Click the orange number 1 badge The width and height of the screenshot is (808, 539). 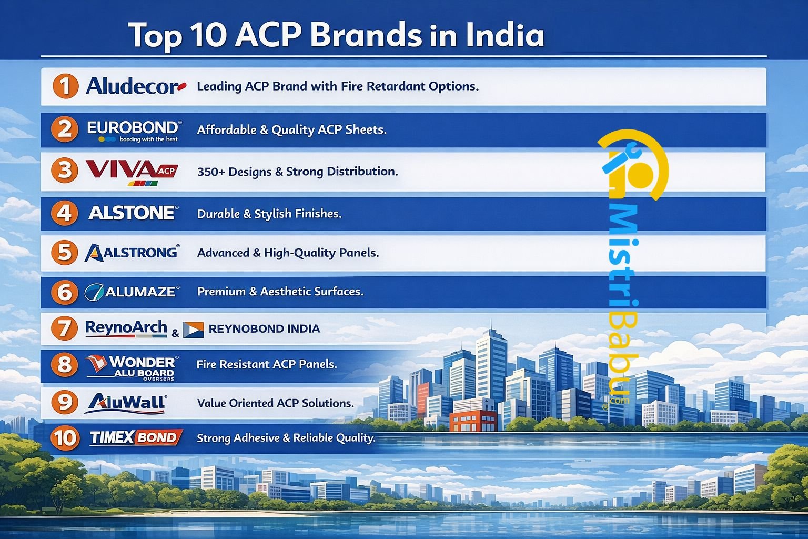65,86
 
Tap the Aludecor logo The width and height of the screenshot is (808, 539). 136,86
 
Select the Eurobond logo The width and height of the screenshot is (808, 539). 134,131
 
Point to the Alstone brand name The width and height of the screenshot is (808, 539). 133,213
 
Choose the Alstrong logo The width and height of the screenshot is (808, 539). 132,252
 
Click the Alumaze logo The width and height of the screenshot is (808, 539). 132,292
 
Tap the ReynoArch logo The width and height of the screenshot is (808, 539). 126,328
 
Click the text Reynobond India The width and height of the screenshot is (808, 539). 265,329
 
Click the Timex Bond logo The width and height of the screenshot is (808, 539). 136,437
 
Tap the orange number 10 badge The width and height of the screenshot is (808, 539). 65,438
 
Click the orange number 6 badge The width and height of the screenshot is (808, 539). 65,292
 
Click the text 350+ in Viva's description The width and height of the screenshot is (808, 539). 211,172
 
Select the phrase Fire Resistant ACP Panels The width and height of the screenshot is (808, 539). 267,364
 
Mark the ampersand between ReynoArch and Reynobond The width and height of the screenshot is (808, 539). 175,333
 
